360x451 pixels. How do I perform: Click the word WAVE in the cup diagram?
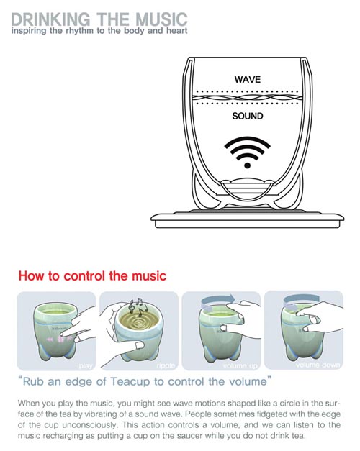point(248,79)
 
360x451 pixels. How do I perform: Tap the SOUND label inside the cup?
point(248,116)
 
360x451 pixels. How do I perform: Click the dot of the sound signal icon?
point(247,165)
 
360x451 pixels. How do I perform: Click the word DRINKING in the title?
point(50,19)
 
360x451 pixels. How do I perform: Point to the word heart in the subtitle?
point(177,30)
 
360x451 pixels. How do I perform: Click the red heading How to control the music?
point(92,275)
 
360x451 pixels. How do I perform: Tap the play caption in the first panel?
point(86,365)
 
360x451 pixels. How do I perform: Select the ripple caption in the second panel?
point(166,365)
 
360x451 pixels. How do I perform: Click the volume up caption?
point(240,365)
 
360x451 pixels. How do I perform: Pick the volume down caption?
point(318,365)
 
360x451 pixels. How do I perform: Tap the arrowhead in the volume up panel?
point(231,297)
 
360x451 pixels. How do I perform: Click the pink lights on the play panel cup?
point(60,339)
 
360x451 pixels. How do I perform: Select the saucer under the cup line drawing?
point(248,220)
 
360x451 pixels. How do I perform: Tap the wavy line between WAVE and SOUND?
point(247,98)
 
